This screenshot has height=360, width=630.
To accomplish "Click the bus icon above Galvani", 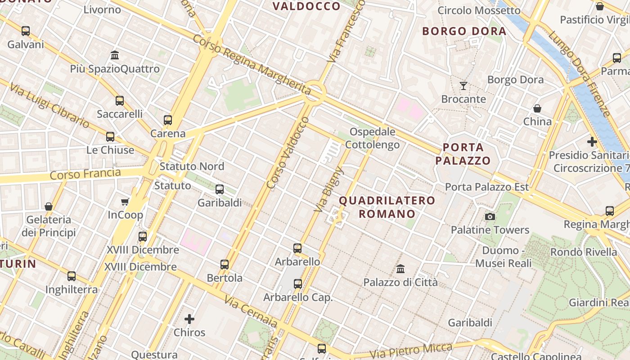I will [x=26, y=31].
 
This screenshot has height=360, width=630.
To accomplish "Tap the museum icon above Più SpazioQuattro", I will [x=115, y=55].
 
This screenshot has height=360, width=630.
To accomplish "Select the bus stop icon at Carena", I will [x=168, y=120].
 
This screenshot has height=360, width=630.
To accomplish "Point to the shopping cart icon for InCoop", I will [x=125, y=202].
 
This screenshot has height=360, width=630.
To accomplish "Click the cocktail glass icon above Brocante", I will [x=463, y=85].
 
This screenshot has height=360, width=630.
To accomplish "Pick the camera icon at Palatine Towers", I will [x=490, y=217].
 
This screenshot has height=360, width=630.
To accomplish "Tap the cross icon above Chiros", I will [x=189, y=319].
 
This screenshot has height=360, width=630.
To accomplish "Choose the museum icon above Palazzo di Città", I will [x=400, y=269].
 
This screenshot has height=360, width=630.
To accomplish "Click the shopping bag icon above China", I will [x=537, y=108].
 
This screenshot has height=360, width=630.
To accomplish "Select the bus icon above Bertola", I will [x=225, y=265].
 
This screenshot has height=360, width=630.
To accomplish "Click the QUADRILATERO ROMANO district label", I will [x=387, y=207].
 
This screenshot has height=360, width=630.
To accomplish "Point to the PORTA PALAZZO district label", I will [x=463, y=154].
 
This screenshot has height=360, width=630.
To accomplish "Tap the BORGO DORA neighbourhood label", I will [x=464, y=31].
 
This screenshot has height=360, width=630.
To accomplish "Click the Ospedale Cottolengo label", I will [x=373, y=138].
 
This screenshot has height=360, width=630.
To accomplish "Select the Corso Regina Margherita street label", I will [x=252, y=62].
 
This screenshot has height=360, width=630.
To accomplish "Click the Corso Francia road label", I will [x=85, y=174].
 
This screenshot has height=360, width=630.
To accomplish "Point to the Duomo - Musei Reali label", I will [x=503, y=256].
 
